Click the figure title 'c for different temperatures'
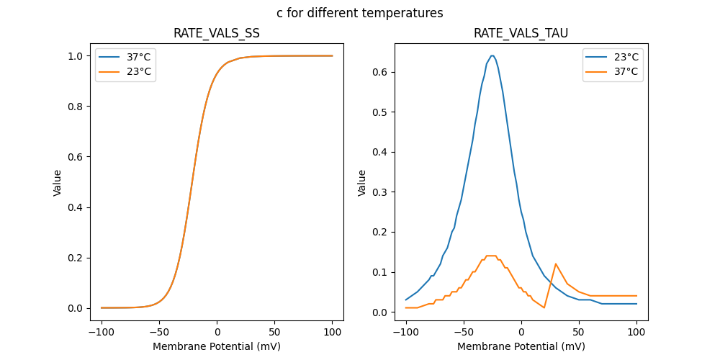click(x=359, y=13)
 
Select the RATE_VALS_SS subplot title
click(x=217, y=33)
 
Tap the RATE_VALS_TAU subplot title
click(x=521, y=33)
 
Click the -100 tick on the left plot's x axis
click(x=102, y=333)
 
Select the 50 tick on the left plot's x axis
click(x=275, y=333)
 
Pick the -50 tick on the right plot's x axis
click(x=464, y=333)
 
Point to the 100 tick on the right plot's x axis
click(x=636, y=333)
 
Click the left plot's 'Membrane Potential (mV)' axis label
click(x=217, y=346)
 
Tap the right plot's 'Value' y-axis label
click(x=362, y=183)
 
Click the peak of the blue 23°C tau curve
click(x=492, y=55)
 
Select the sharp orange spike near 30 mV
click(x=556, y=264)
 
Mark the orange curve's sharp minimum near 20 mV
click(x=544, y=307)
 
